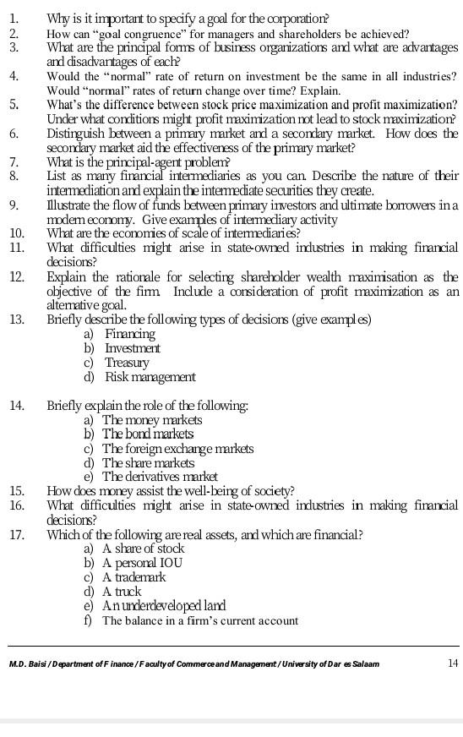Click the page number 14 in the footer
451,663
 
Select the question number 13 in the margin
16,319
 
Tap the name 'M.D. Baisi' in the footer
28,663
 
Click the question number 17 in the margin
16,534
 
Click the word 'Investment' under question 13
133,348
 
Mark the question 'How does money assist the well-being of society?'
171,490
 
